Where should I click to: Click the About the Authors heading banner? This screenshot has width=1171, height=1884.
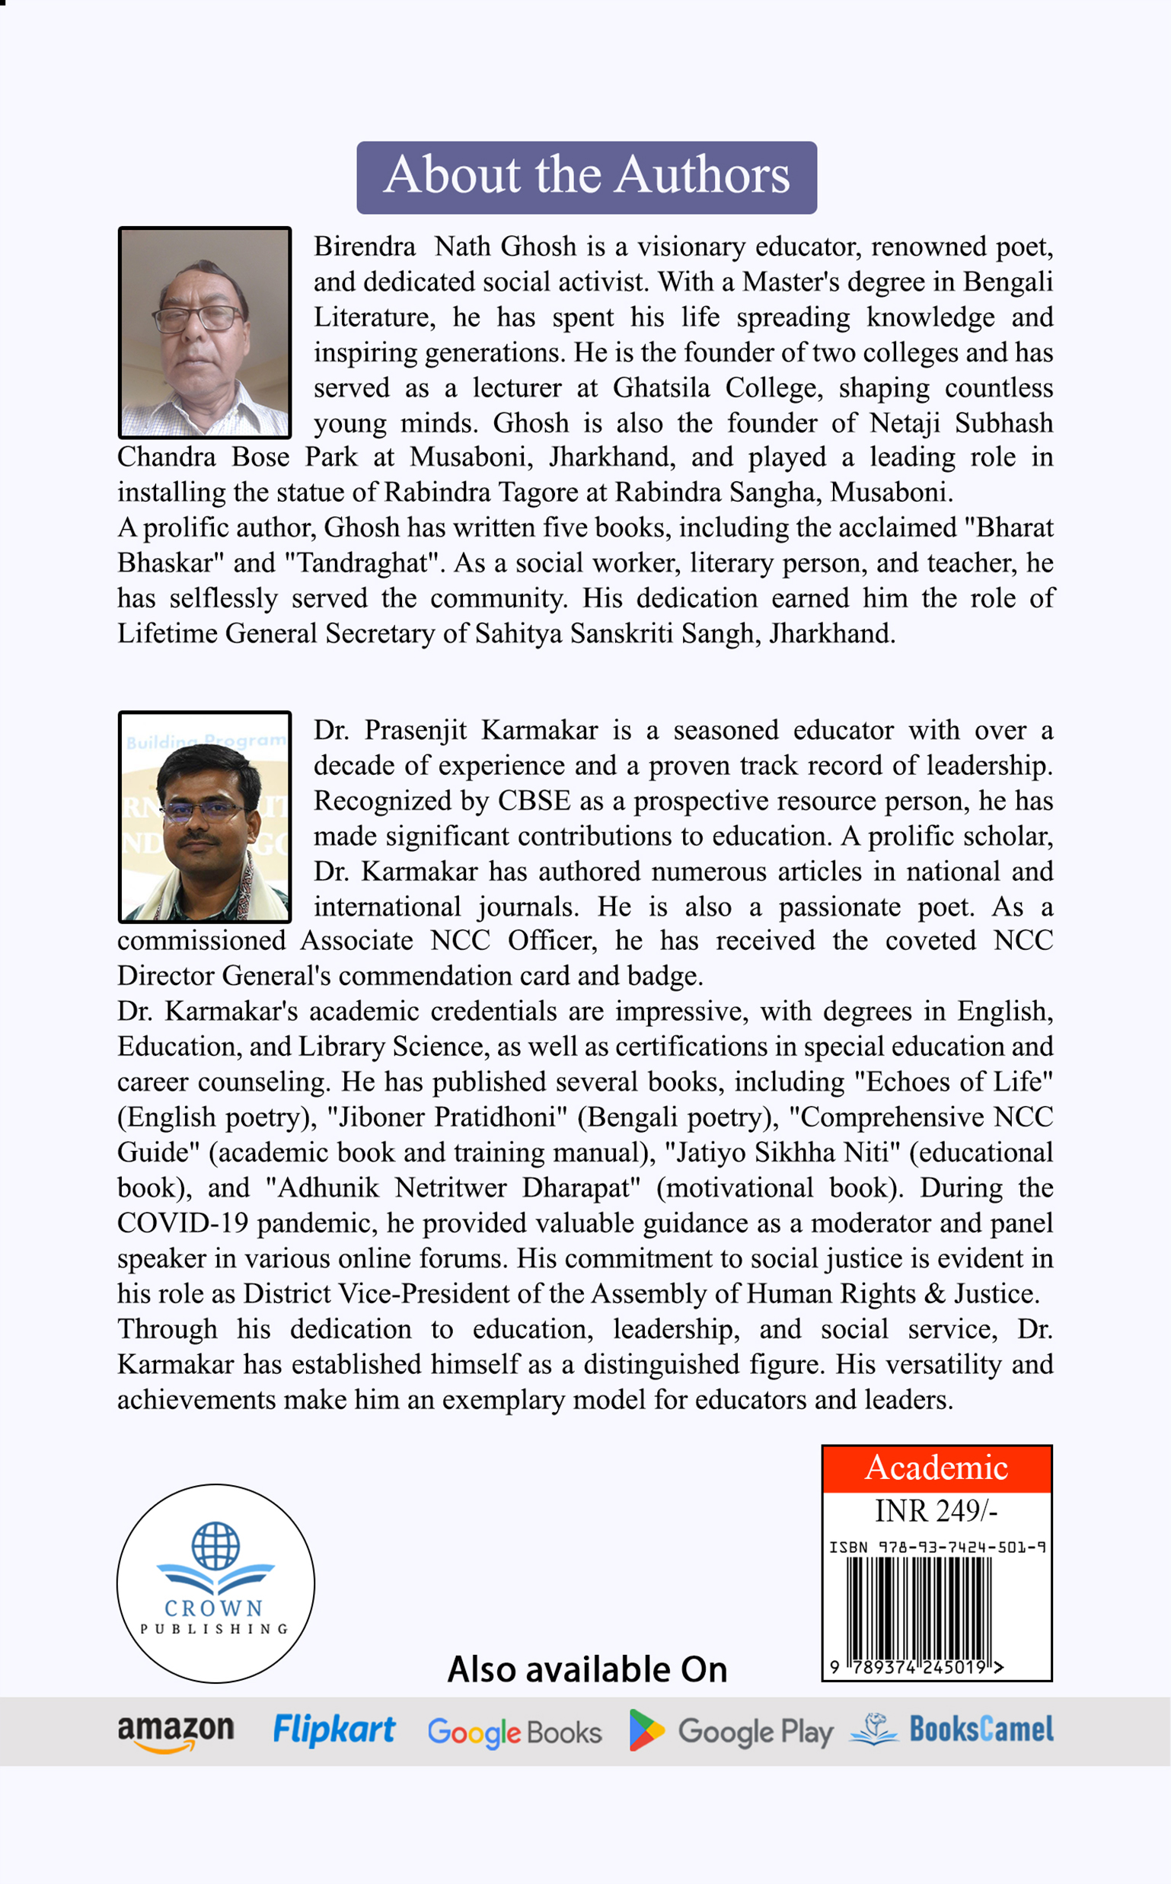586,177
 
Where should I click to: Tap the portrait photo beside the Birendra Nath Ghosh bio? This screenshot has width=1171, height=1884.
205,332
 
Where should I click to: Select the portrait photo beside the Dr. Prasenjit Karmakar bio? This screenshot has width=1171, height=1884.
205,816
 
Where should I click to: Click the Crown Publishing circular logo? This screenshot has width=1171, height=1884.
215,1583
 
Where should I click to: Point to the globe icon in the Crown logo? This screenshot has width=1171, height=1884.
215,1544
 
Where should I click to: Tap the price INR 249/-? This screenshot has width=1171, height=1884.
936,1511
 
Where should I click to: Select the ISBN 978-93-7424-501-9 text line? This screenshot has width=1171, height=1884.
937,1547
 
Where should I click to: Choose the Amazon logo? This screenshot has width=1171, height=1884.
176,1732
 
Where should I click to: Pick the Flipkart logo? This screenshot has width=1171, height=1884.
333,1729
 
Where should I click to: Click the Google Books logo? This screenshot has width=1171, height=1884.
514,1733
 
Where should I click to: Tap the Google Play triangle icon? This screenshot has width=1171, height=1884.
645,1730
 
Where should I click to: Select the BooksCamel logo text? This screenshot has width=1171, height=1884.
981,1729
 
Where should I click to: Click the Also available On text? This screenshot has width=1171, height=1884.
587,1669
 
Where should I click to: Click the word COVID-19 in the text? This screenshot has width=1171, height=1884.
183,1223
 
